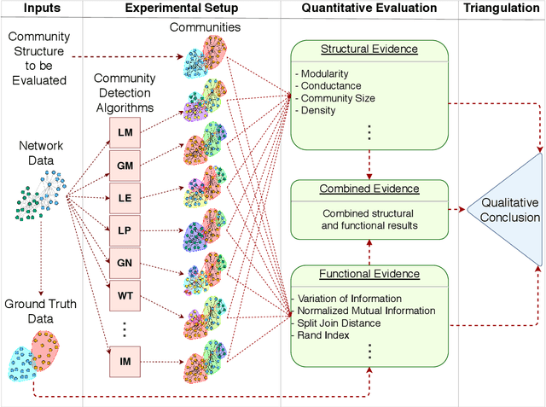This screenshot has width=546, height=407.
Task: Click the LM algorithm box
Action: pos(125,132)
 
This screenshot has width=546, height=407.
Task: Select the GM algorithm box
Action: pos(125,165)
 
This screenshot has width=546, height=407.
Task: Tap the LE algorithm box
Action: pos(125,197)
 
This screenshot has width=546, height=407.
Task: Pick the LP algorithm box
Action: pos(125,230)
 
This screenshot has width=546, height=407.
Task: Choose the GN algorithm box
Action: pos(125,262)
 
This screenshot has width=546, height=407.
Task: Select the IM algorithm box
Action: pos(125,363)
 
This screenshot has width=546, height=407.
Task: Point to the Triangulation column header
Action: pos(502,9)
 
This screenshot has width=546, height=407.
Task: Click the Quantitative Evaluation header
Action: pos(369,9)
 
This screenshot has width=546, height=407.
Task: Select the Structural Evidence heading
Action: pos(369,49)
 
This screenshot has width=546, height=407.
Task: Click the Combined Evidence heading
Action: pos(369,189)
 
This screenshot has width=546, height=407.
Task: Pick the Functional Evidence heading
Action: pos(369,274)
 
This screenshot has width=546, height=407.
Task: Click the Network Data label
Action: pos(41,152)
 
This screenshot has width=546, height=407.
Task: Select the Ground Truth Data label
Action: pos(41,311)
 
